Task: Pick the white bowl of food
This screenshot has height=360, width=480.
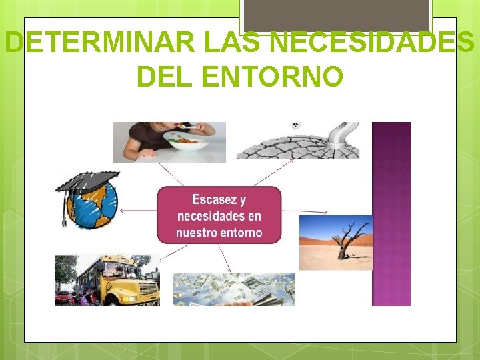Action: click(x=186, y=142)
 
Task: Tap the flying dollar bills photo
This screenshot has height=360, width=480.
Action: click(x=233, y=289)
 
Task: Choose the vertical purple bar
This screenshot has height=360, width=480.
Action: click(x=391, y=213)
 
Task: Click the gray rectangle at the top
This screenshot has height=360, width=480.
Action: click(x=335, y=15)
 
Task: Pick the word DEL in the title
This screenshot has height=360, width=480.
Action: click(x=163, y=77)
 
